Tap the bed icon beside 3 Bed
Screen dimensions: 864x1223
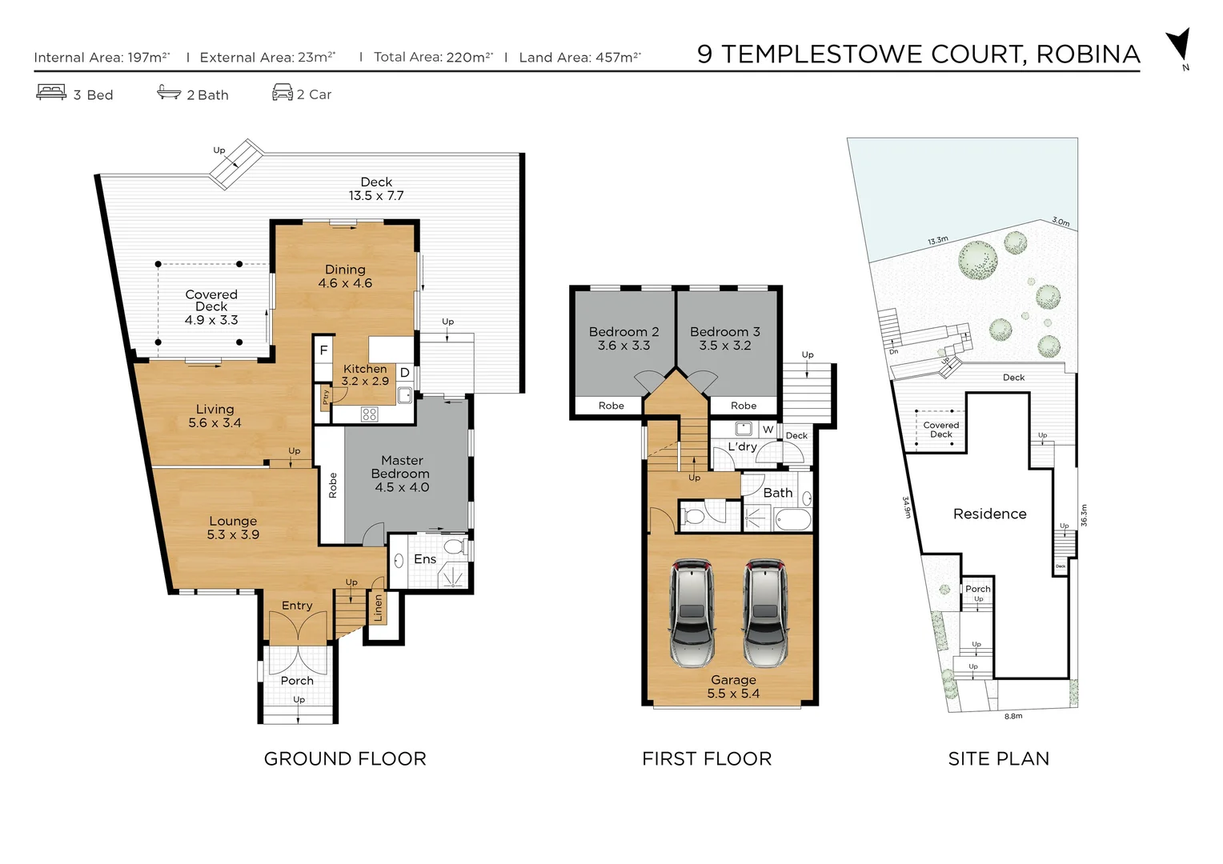pos(51,93)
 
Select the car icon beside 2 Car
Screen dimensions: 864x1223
pos(283,93)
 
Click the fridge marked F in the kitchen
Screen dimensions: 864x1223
pos(323,350)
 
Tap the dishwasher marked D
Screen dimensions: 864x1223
pos(405,373)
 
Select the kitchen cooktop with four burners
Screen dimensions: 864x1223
pos(369,414)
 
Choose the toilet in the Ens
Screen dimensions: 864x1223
pos(454,547)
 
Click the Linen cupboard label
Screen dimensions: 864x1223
pos(379,608)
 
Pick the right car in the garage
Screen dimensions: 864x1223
pos(766,613)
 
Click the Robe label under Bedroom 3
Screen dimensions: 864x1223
pos(744,406)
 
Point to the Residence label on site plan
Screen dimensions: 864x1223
pos(989,514)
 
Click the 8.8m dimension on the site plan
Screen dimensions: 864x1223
pos(1013,717)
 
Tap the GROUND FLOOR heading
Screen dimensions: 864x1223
pos(345,758)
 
